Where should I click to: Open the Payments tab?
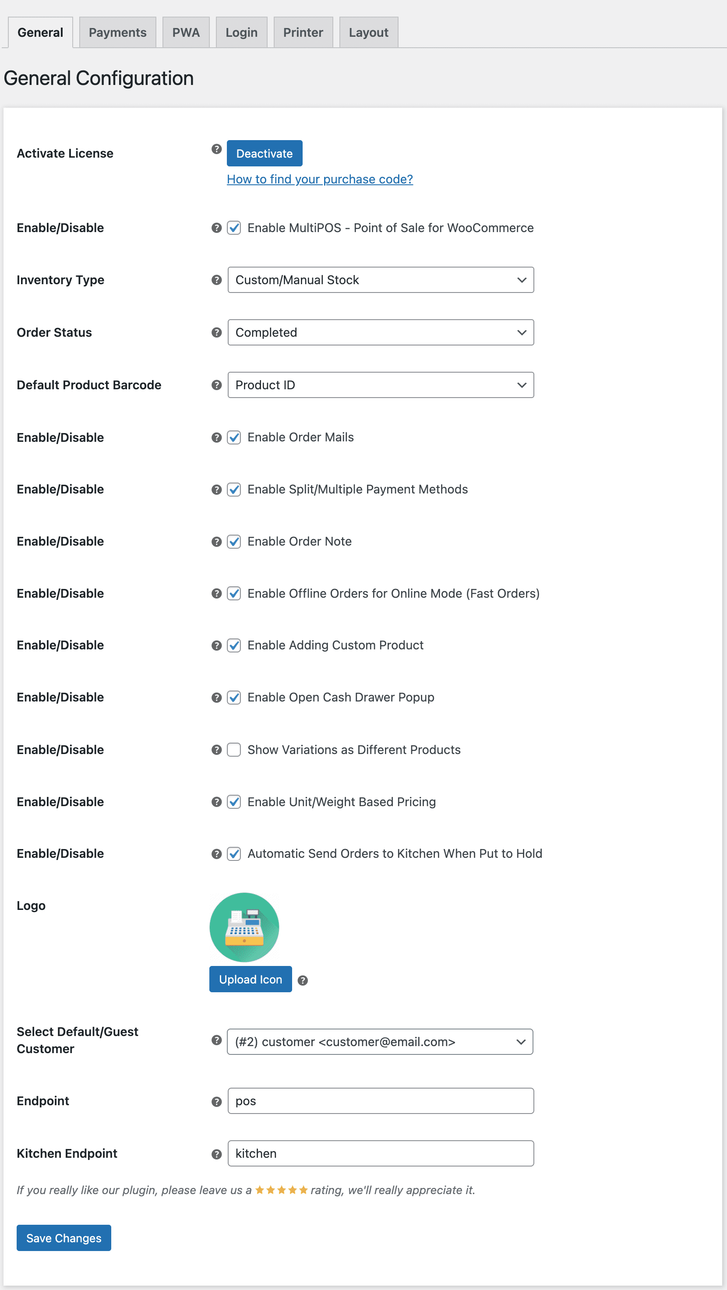pos(117,32)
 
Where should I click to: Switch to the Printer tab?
pos(303,32)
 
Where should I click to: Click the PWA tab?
pos(186,32)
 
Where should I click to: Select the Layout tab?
pos(368,32)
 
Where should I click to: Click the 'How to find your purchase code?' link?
pos(319,179)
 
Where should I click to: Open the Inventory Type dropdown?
pos(381,280)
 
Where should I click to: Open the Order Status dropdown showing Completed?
pos(381,332)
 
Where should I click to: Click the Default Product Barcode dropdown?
pos(381,385)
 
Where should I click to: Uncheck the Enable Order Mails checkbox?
pos(234,438)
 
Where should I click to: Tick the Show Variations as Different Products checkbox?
pos(234,750)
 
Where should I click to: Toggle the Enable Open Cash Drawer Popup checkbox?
pos(234,698)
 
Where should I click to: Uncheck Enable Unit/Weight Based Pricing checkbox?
pos(234,802)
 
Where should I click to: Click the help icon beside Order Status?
pos(216,332)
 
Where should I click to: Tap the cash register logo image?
pos(244,927)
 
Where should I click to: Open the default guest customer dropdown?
pos(380,1042)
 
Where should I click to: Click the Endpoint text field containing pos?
pos(381,1101)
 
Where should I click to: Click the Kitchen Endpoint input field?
pos(381,1153)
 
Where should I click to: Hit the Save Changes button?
pos(64,1238)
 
